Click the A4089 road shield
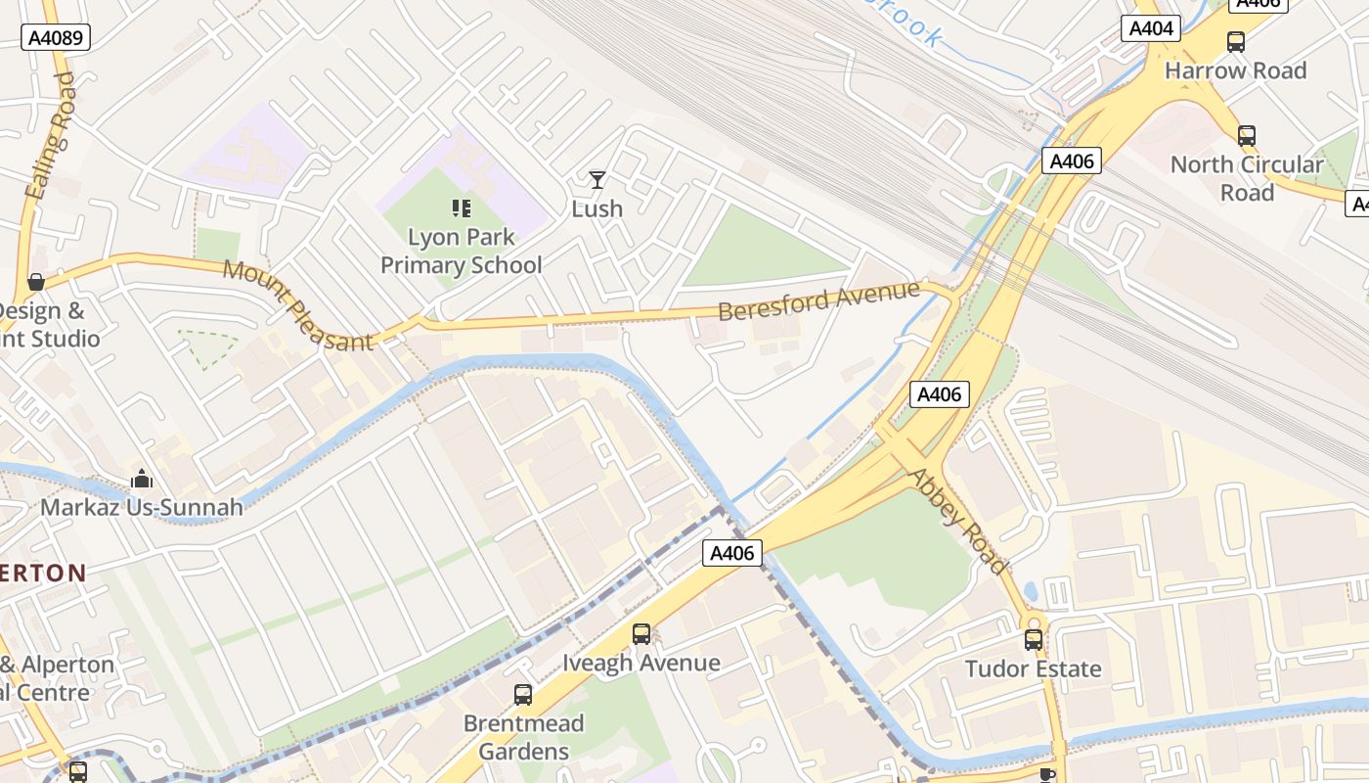pos(56,38)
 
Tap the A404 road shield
pos(1150,28)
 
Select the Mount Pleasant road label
pos(297,305)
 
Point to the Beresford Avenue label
pos(818,300)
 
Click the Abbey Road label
pos(957,521)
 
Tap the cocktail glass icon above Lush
pos(596,180)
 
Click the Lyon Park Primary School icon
pos(461,207)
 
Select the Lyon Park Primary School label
pos(461,252)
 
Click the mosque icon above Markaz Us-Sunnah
pos(142,480)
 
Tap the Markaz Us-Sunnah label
pos(142,508)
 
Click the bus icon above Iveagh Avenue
pos(640,634)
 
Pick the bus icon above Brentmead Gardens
pos(523,695)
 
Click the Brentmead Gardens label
pos(523,737)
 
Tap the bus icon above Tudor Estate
pos(1034,640)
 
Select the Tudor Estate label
pos(1034,669)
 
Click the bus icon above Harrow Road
pos(1236,42)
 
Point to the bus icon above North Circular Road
pos(1247,136)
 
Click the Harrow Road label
pos(1236,70)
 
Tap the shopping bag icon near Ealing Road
pos(36,282)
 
